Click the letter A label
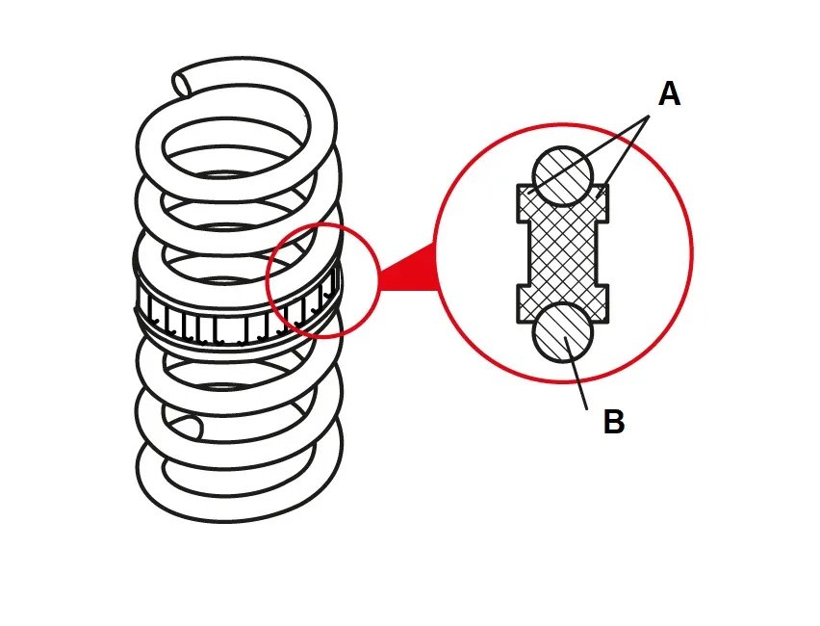669,94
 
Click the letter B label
613,422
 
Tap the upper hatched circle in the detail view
562,175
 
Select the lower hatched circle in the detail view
564,332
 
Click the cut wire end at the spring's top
184,83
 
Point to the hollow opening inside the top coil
231,144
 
